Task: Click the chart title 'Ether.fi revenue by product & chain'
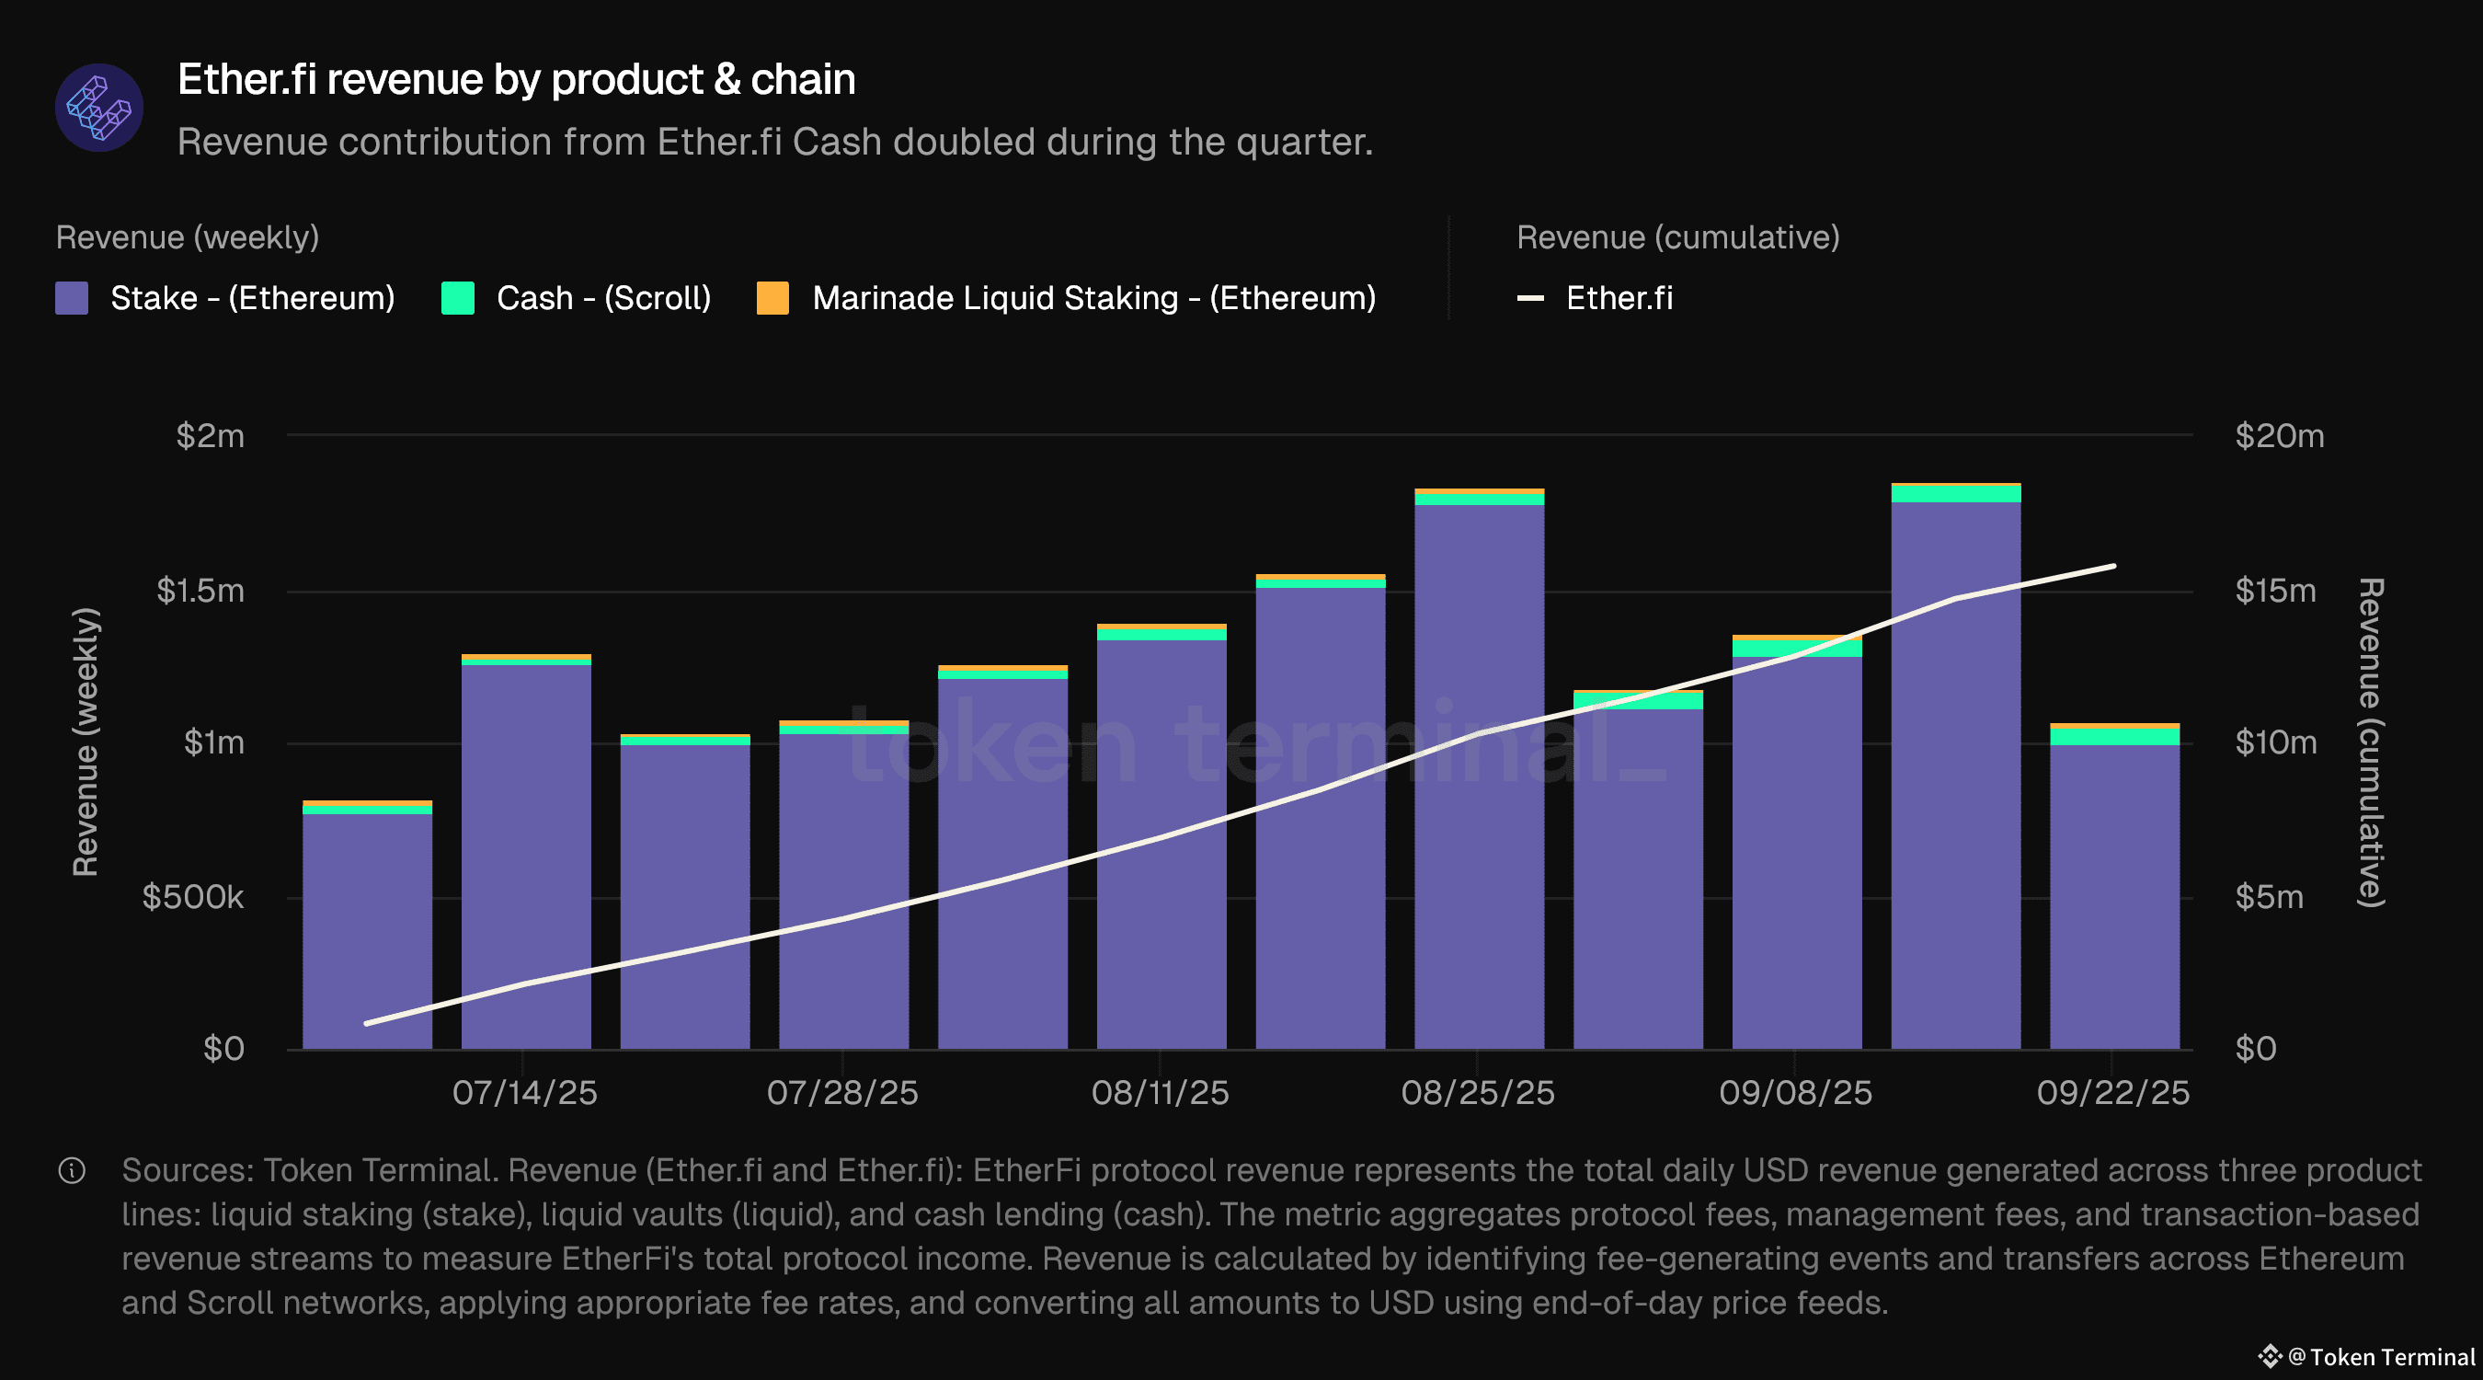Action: (516, 79)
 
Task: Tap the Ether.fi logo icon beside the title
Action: (99, 108)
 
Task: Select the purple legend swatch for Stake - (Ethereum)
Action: (73, 298)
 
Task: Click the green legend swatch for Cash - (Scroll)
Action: (458, 298)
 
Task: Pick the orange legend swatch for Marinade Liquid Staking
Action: (773, 298)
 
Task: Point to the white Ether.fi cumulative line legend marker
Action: (1530, 298)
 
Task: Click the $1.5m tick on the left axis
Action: (200, 591)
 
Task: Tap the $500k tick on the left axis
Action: (193, 897)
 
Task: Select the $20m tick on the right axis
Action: (2280, 436)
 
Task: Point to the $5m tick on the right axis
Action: (2269, 897)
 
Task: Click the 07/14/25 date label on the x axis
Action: (524, 1093)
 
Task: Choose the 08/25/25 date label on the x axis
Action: (1478, 1093)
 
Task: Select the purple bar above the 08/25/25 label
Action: (1479, 772)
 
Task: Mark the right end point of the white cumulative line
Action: (2114, 566)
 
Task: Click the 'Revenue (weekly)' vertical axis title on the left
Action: (86, 742)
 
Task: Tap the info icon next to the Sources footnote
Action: (73, 1171)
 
